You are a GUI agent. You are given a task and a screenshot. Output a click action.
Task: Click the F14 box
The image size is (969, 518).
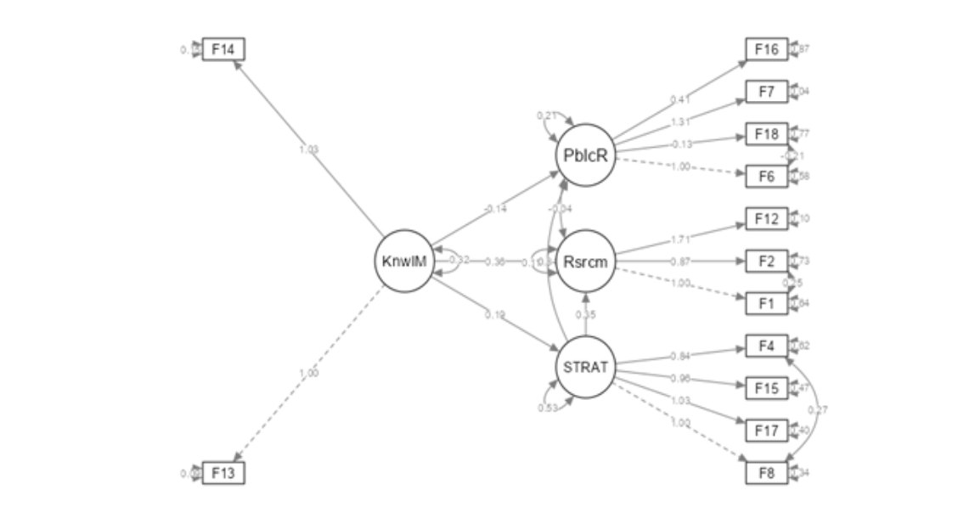[223, 50]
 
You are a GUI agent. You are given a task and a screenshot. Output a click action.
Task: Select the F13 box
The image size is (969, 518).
[223, 474]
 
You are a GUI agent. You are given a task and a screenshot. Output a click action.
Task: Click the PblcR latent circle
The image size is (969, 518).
[585, 155]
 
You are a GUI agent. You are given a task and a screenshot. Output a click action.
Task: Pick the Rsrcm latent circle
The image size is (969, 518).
[585, 262]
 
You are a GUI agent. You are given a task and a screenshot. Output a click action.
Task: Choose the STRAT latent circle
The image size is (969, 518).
[585, 369]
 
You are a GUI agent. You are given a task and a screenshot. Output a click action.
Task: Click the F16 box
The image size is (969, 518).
[766, 50]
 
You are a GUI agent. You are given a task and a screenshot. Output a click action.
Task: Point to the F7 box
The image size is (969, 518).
[766, 92]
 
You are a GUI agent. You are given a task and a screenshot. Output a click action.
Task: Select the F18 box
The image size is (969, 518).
[766, 134]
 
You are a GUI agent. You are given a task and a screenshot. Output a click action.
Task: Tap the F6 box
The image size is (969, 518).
[766, 176]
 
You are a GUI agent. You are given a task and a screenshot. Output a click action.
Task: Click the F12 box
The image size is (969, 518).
[766, 219]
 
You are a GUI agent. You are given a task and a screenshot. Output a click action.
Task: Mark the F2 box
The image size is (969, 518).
[766, 261]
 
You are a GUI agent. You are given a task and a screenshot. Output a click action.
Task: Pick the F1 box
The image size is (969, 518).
[766, 303]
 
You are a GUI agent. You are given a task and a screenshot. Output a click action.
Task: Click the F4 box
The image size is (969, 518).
[766, 346]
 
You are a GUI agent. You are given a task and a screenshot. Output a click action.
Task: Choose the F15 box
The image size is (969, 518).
[766, 388]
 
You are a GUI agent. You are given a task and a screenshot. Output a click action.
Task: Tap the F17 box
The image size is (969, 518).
[766, 431]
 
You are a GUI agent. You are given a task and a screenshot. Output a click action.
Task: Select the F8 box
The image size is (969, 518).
[766, 473]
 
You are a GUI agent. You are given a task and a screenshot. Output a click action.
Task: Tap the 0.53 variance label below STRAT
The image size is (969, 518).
[547, 408]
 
